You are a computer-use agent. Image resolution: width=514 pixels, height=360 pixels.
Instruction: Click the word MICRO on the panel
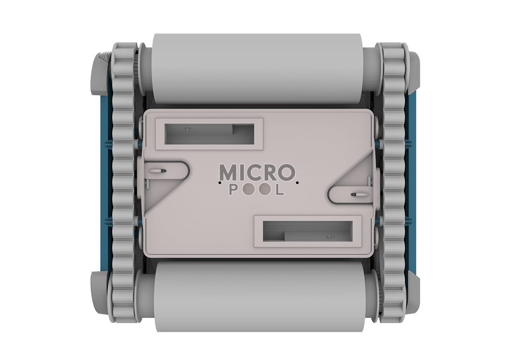click(257, 172)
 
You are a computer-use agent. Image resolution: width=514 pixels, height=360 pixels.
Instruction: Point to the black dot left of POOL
click(220, 183)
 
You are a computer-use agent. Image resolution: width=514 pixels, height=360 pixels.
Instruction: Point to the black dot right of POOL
click(297, 183)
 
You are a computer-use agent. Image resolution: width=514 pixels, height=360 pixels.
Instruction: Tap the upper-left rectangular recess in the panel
click(210, 134)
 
